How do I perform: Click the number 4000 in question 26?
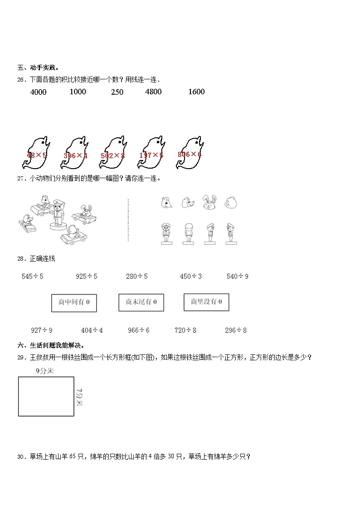[38, 92]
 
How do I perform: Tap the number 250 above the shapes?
[117, 92]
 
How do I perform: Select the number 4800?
[153, 92]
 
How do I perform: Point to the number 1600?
[196, 92]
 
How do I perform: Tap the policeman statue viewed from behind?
[188, 233]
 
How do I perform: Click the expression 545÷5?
[32, 276]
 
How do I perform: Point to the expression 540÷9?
[237, 276]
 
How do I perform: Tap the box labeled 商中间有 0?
[74, 303]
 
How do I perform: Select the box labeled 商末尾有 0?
[141, 302]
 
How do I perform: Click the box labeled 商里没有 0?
[206, 302]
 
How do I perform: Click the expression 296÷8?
[236, 330]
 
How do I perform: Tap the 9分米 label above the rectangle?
[44, 371]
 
